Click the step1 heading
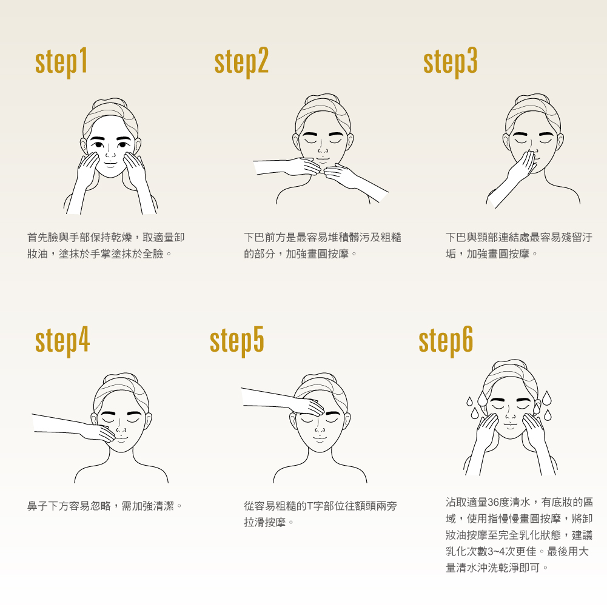coord(61,62)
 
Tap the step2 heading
coord(241,62)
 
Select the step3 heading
coord(450,62)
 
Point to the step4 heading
coord(62,341)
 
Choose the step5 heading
coord(237,341)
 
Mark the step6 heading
coord(446,341)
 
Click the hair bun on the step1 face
coord(110,103)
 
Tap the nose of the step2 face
coord(322,149)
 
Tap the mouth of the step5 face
coord(320,438)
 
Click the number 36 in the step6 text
coord(493,502)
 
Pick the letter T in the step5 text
coord(309,506)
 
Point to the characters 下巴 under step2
coord(254,237)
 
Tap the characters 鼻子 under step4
coord(38,506)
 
